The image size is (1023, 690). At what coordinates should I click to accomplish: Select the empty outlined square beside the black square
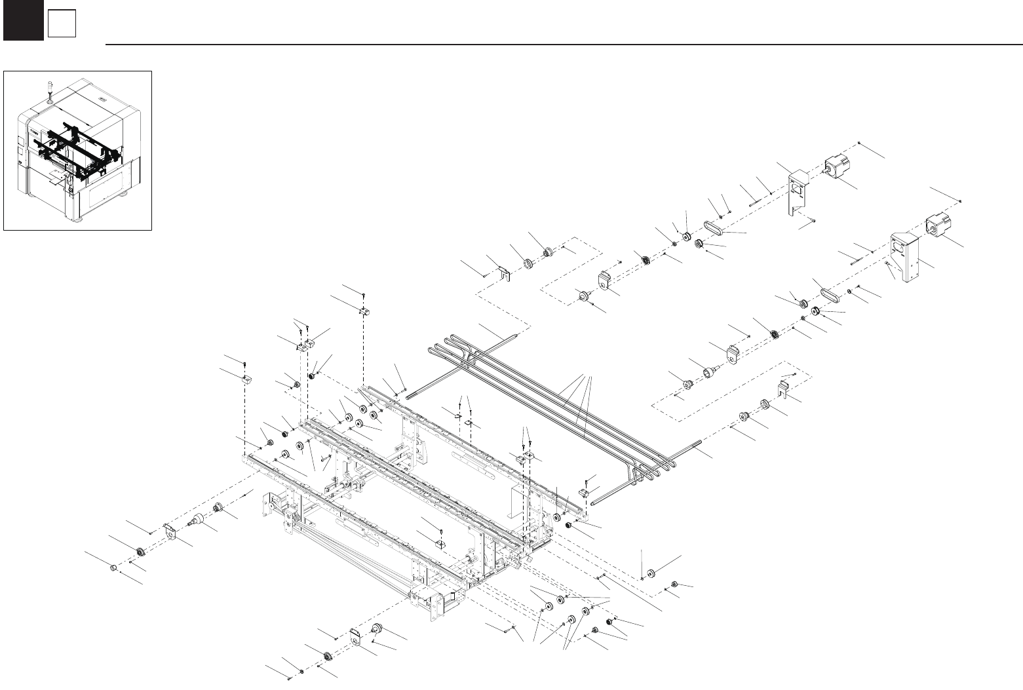coord(62,24)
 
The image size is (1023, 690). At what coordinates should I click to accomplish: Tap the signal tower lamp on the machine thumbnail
coord(49,91)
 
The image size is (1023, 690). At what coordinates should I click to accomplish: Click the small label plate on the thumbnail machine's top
coord(102,100)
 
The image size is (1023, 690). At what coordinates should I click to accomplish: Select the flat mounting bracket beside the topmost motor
coord(796,191)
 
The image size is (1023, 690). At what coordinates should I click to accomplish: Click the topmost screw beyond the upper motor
coord(859,143)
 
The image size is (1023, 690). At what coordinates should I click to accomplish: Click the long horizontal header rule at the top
coord(564,45)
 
